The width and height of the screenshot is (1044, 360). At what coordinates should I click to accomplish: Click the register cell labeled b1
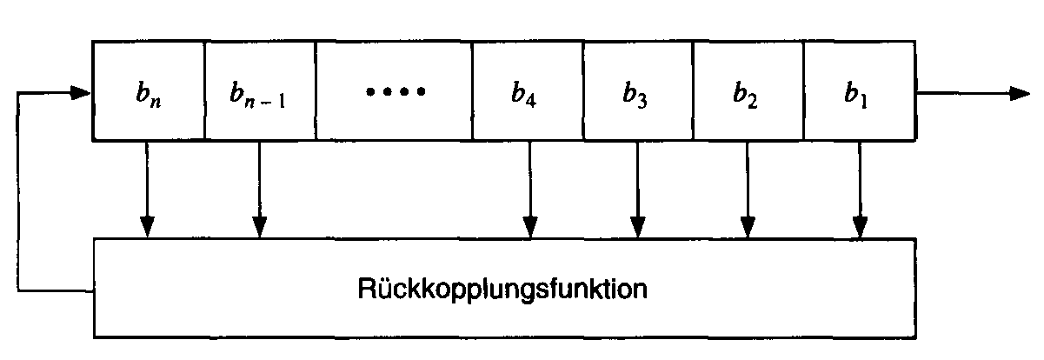tap(859, 90)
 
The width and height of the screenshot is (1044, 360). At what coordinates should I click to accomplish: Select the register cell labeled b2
tap(748, 90)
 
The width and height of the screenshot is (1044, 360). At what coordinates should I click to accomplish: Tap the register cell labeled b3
tap(637, 90)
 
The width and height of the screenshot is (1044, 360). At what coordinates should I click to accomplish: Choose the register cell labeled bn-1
tap(260, 90)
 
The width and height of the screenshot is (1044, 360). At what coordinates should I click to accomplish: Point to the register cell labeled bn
tap(148, 90)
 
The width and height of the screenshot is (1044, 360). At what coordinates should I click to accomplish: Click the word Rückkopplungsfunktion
tap(502, 287)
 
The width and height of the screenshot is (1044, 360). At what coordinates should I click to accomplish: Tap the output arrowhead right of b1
tap(1019, 94)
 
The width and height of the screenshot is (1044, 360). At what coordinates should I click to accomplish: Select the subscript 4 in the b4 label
tap(531, 99)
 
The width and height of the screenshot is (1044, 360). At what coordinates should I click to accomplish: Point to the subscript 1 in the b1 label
tap(863, 98)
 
